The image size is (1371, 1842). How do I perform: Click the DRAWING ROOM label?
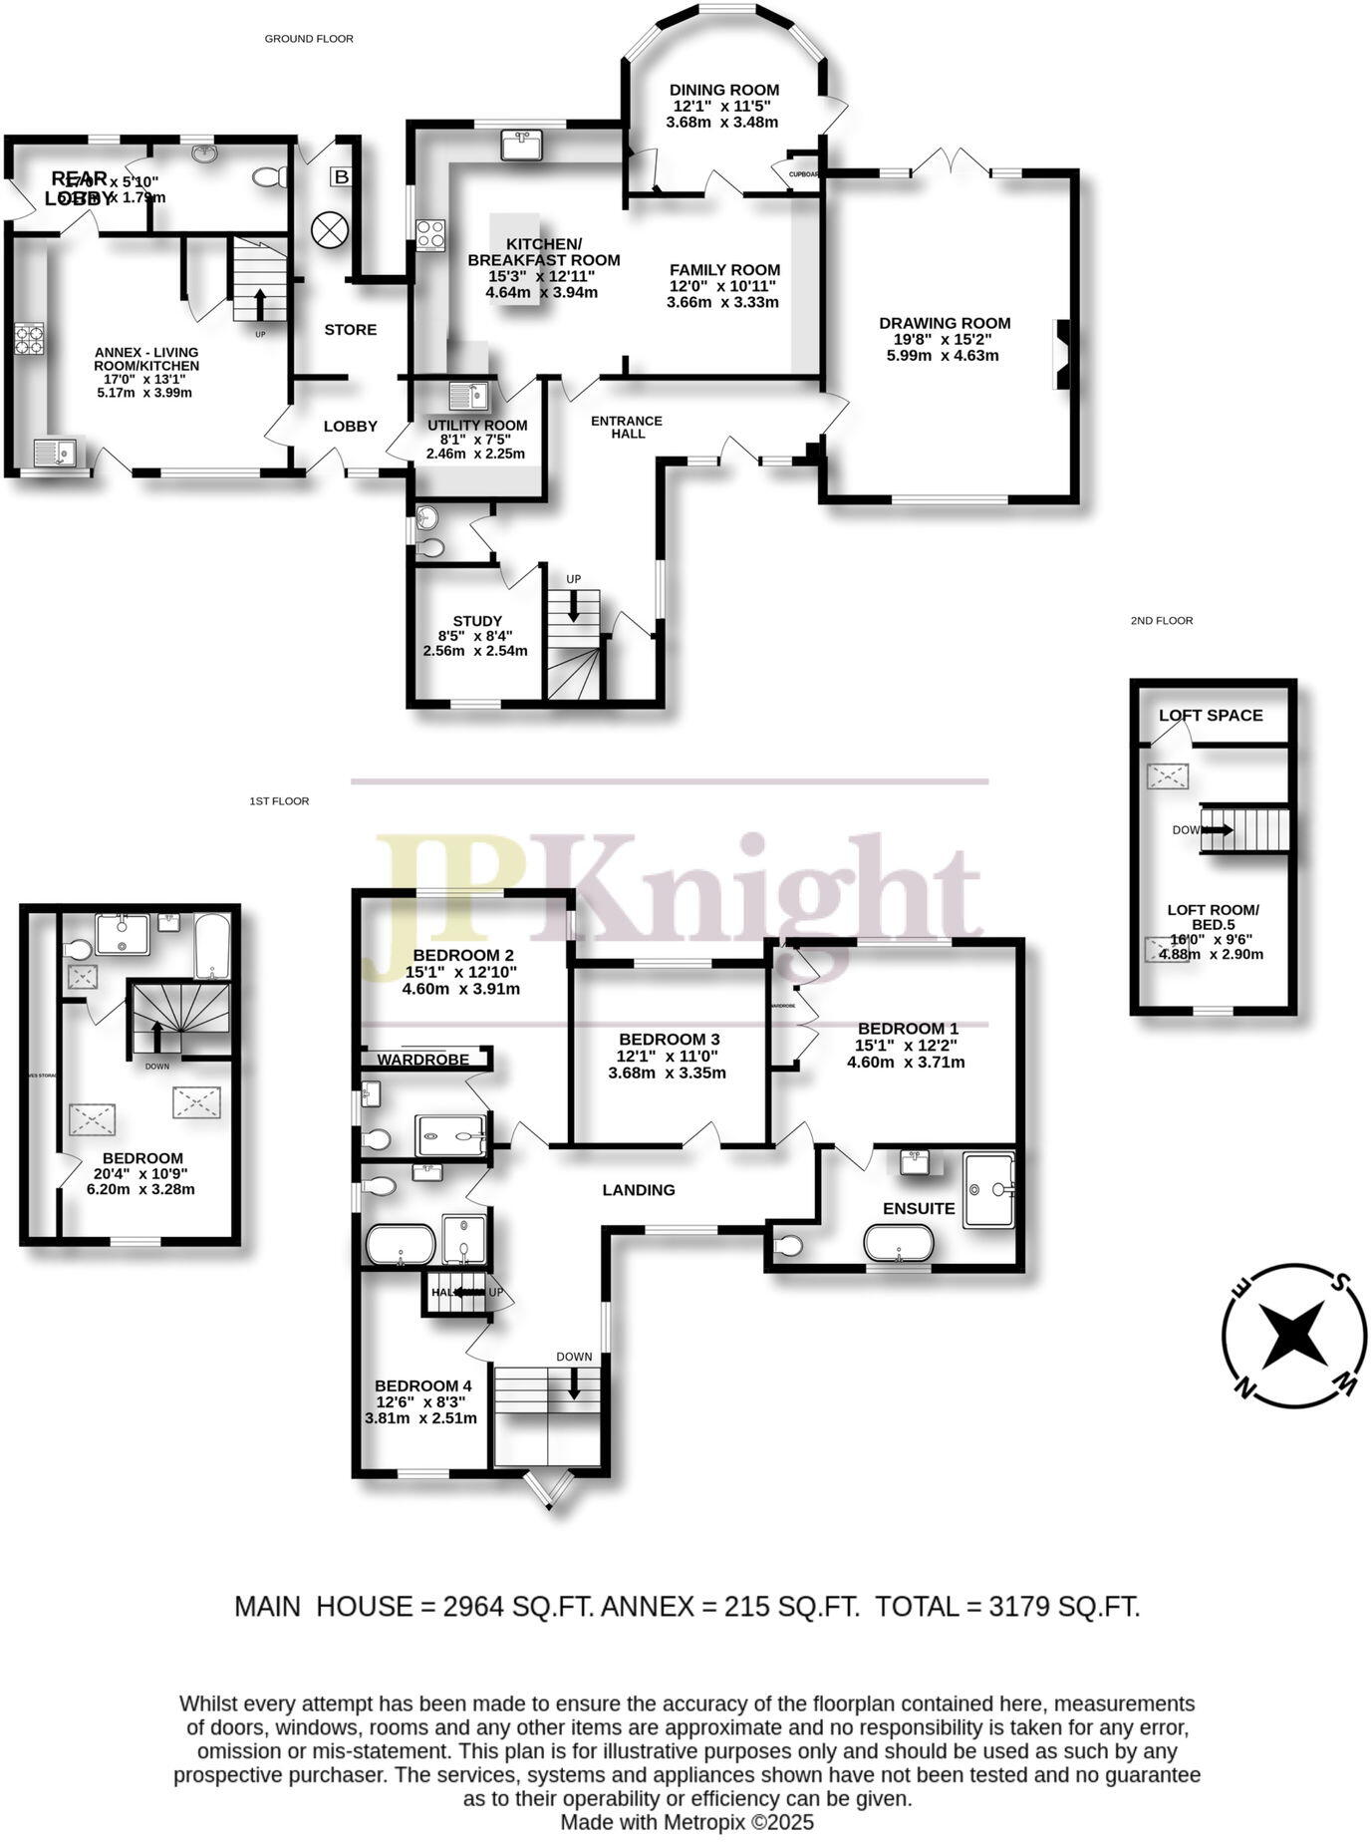[x=945, y=323]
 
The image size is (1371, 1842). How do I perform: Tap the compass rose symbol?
[x=1293, y=1337]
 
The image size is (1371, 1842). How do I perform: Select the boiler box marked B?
[x=341, y=177]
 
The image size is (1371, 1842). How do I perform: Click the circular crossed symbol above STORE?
[x=327, y=230]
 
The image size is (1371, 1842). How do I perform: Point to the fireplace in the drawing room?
[x=1062, y=354]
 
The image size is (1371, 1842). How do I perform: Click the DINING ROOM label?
[x=724, y=90]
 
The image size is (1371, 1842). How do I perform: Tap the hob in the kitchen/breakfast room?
[x=430, y=235]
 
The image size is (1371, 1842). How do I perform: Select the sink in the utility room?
[x=468, y=397]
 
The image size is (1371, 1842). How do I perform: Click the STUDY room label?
[x=477, y=621]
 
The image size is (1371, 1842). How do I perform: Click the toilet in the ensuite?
[x=788, y=1245]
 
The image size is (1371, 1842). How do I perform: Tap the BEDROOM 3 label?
[x=669, y=1039]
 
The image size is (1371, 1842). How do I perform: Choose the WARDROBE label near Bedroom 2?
[x=422, y=1059]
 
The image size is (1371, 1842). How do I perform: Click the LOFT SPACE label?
[x=1211, y=715]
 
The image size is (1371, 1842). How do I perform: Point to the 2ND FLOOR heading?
[x=1161, y=620]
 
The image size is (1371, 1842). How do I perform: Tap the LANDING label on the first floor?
[x=639, y=1189]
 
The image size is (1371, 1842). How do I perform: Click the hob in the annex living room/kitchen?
[x=29, y=339]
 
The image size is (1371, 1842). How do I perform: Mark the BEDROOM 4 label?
[x=422, y=1385]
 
